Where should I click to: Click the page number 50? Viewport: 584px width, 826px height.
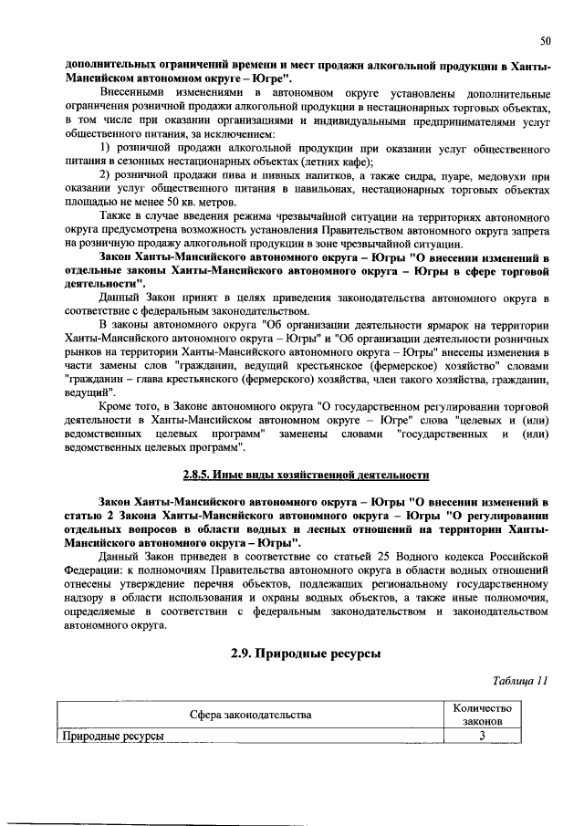[545, 40]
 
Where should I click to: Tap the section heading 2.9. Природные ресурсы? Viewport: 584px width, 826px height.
[306, 653]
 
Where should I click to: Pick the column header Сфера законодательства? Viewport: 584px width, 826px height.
[251, 714]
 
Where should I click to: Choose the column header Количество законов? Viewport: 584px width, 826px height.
[481, 714]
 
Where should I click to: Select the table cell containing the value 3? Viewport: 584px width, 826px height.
[481, 737]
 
